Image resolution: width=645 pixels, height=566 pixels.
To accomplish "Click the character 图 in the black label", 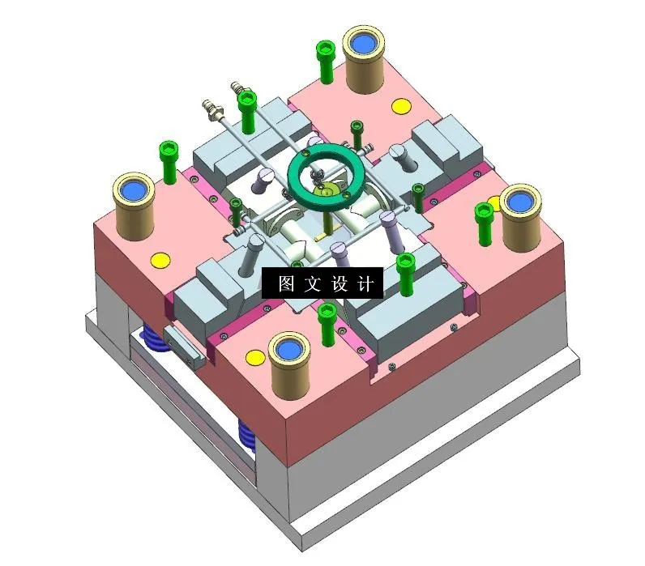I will pos(284,283).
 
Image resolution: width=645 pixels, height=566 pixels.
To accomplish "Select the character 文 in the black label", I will pos(311,283).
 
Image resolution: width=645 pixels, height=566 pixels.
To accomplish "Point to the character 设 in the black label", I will pos(339,283).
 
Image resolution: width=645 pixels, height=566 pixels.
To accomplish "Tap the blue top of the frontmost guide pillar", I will pos(290,350).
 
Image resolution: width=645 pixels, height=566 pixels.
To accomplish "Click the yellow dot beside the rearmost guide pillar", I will pos(399,105).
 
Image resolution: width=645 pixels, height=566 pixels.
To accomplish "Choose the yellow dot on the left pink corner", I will pos(160,260).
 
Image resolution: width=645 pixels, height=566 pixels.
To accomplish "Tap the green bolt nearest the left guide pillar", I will pos(169,160).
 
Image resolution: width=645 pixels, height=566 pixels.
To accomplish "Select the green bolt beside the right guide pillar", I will pos(485,220).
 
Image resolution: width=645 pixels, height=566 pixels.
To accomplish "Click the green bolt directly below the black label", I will pos(327,321).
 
